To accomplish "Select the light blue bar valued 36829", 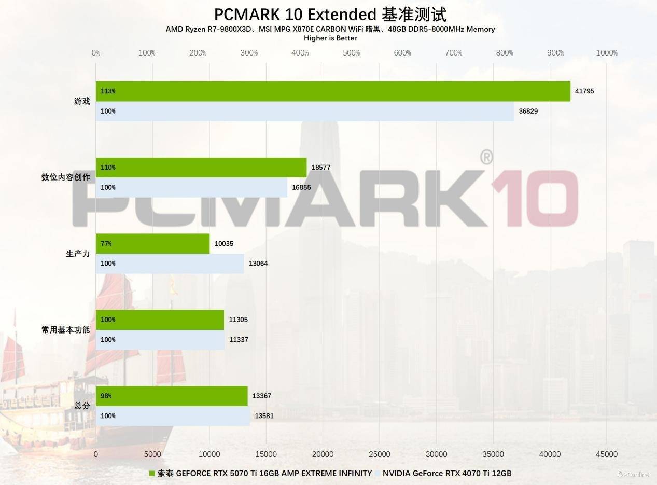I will pyautogui.click(x=305, y=111).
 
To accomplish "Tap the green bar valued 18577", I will pyautogui.click(x=201, y=168).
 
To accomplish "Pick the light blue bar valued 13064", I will pyautogui.click(x=170, y=264).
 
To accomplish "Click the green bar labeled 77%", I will pyautogui.click(x=153, y=244).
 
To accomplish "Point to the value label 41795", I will pyautogui.click(x=584, y=91).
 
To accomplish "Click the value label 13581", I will pyautogui.click(x=264, y=416).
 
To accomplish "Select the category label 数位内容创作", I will pyautogui.click(x=65, y=177).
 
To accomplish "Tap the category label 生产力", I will pyautogui.click(x=78, y=254).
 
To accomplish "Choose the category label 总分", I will pyautogui.click(x=82, y=406).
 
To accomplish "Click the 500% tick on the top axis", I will pyautogui.click(x=352, y=53).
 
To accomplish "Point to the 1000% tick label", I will pyautogui.click(x=607, y=53).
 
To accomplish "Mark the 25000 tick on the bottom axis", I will pyautogui.click(x=380, y=454).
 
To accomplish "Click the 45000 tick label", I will pyautogui.click(x=607, y=454).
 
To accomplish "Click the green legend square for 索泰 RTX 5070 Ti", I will pyautogui.click(x=152, y=474).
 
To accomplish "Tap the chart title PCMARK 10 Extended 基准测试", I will pyautogui.click(x=330, y=14).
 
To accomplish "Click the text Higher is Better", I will pyautogui.click(x=330, y=38).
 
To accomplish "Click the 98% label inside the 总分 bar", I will pyautogui.click(x=106, y=396).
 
